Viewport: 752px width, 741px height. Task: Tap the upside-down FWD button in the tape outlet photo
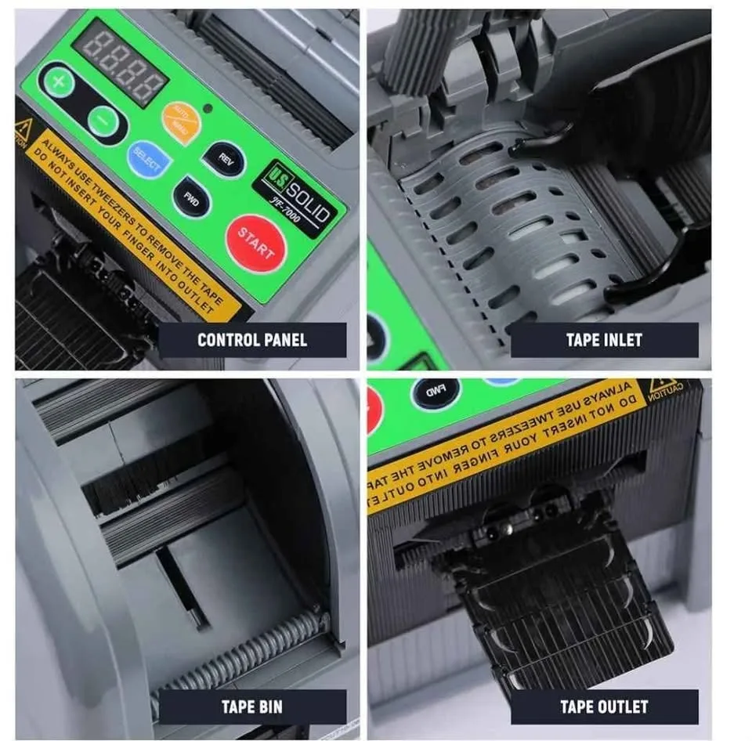[436, 392]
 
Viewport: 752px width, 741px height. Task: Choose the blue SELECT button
[148, 161]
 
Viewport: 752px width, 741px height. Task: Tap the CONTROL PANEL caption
[252, 340]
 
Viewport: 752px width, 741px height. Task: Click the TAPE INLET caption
[604, 340]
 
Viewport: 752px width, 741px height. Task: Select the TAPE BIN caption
[252, 707]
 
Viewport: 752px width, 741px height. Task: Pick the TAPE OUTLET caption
[604, 707]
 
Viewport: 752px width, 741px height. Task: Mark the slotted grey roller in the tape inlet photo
[501, 227]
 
